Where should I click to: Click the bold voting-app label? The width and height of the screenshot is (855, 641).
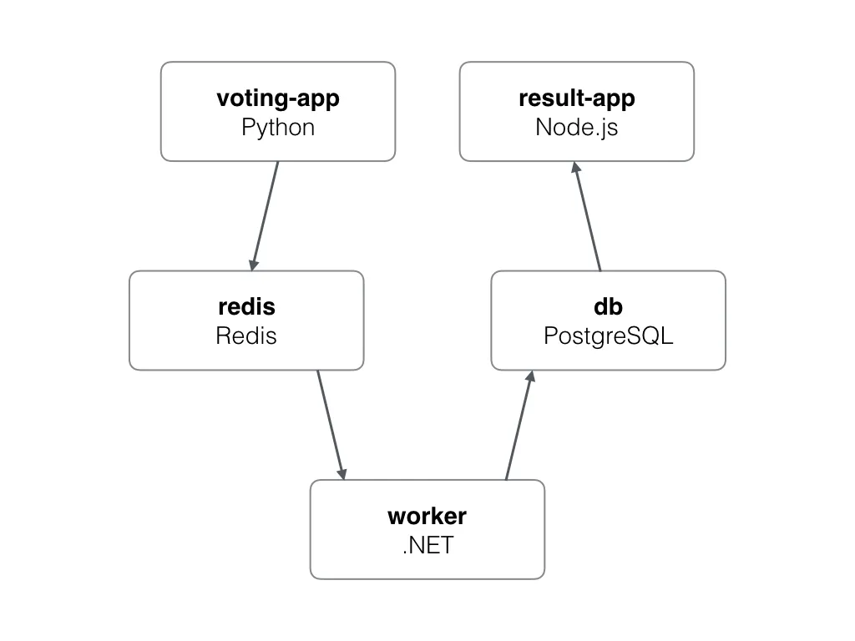click(x=278, y=98)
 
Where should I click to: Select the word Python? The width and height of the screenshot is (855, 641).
click(x=278, y=128)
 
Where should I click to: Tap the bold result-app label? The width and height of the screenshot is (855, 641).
click(x=577, y=98)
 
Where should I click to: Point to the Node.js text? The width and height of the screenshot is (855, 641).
click(x=577, y=128)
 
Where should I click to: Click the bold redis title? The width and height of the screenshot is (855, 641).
click(x=246, y=306)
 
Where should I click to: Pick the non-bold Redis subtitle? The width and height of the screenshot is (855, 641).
click(x=246, y=336)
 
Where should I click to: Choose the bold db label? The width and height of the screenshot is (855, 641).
click(x=609, y=306)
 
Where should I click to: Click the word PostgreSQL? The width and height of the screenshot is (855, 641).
click(x=609, y=336)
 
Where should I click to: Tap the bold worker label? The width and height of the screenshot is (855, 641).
click(x=427, y=516)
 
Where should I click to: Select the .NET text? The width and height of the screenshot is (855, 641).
click(x=427, y=545)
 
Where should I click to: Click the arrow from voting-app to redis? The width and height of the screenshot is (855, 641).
click(x=265, y=215)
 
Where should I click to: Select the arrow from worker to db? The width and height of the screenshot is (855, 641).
click(x=519, y=426)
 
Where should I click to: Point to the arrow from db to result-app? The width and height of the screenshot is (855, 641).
click(x=587, y=216)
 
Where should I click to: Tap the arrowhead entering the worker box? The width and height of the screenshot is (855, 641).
click(x=341, y=472)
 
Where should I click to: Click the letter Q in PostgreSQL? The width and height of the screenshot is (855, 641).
click(x=649, y=336)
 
